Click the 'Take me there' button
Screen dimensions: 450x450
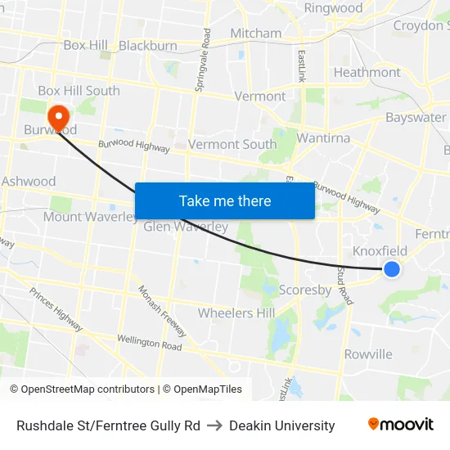[225, 200]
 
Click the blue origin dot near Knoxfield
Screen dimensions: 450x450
[392, 268]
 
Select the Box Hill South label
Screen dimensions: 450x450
[79, 91]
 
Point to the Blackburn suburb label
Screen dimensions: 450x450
[148, 46]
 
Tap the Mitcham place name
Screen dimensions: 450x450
[255, 34]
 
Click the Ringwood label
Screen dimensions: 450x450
[333, 8]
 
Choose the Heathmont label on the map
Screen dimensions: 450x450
[367, 72]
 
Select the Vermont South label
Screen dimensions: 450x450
[232, 144]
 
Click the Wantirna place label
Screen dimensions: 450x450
[323, 138]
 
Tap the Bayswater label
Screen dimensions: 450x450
[416, 118]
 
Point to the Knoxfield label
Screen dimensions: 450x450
[380, 250]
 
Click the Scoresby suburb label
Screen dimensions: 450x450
[305, 290]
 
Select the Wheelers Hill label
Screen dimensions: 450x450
[236, 313]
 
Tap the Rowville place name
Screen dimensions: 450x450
[368, 354]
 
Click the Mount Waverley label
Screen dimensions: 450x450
[90, 217]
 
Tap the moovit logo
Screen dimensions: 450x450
[400, 425]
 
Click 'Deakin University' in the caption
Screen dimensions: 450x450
[282, 425]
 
